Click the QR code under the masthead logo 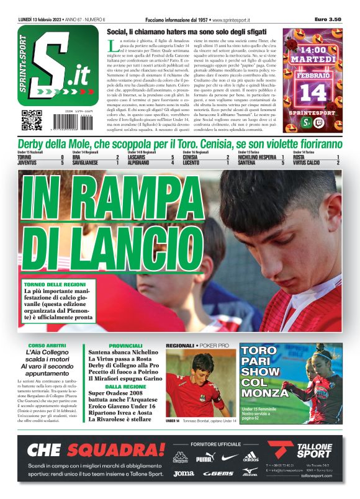coord(32,119)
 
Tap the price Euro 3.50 coord(328,20)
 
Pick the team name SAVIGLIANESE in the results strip coord(88,163)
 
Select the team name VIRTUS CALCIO coord(308,163)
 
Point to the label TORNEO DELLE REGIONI coord(53,284)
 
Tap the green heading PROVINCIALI coord(125,345)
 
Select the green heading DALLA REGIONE coord(125,386)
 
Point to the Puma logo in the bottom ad coord(204,458)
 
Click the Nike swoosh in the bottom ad coord(228,457)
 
